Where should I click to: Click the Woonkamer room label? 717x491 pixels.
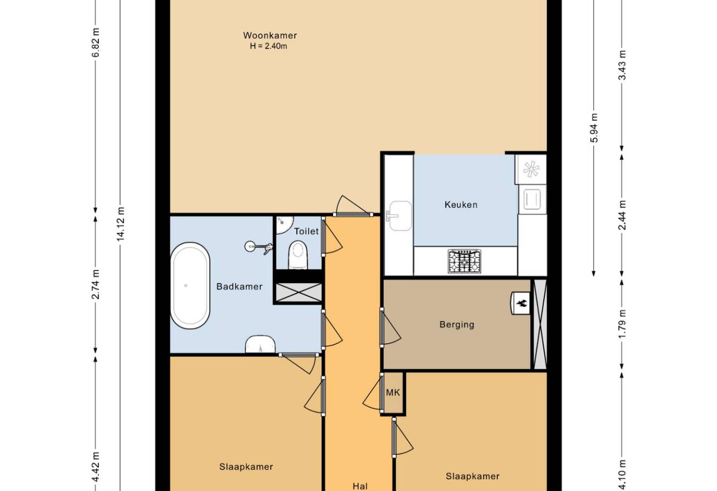pos(270,35)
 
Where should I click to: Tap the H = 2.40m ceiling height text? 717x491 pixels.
pos(269,46)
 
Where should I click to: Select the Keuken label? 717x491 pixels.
pos(461,205)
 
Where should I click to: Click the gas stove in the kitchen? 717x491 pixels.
pos(464,261)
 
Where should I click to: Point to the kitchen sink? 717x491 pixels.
pos(399,216)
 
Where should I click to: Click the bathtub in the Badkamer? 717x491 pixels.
pos(190,286)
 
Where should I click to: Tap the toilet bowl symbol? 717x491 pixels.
pos(298,255)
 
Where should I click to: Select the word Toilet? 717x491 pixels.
pos(306,231)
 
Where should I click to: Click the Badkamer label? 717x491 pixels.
pos(239,286)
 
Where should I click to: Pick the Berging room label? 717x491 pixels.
pos(457,324)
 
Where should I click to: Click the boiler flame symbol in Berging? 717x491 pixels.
pos(521,303)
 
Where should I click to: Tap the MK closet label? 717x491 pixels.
pos(393,392)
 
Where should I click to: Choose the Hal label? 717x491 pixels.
pos(360,486)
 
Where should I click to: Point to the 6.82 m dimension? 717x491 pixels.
pos(96,42)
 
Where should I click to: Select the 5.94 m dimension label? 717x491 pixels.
pos(594,127)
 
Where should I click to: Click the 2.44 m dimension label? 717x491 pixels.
pos(622,215)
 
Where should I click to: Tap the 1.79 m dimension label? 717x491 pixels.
pos(622,324)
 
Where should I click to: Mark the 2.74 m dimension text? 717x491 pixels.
pos(96,284)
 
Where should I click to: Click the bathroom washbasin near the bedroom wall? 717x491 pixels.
pos(260,344)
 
